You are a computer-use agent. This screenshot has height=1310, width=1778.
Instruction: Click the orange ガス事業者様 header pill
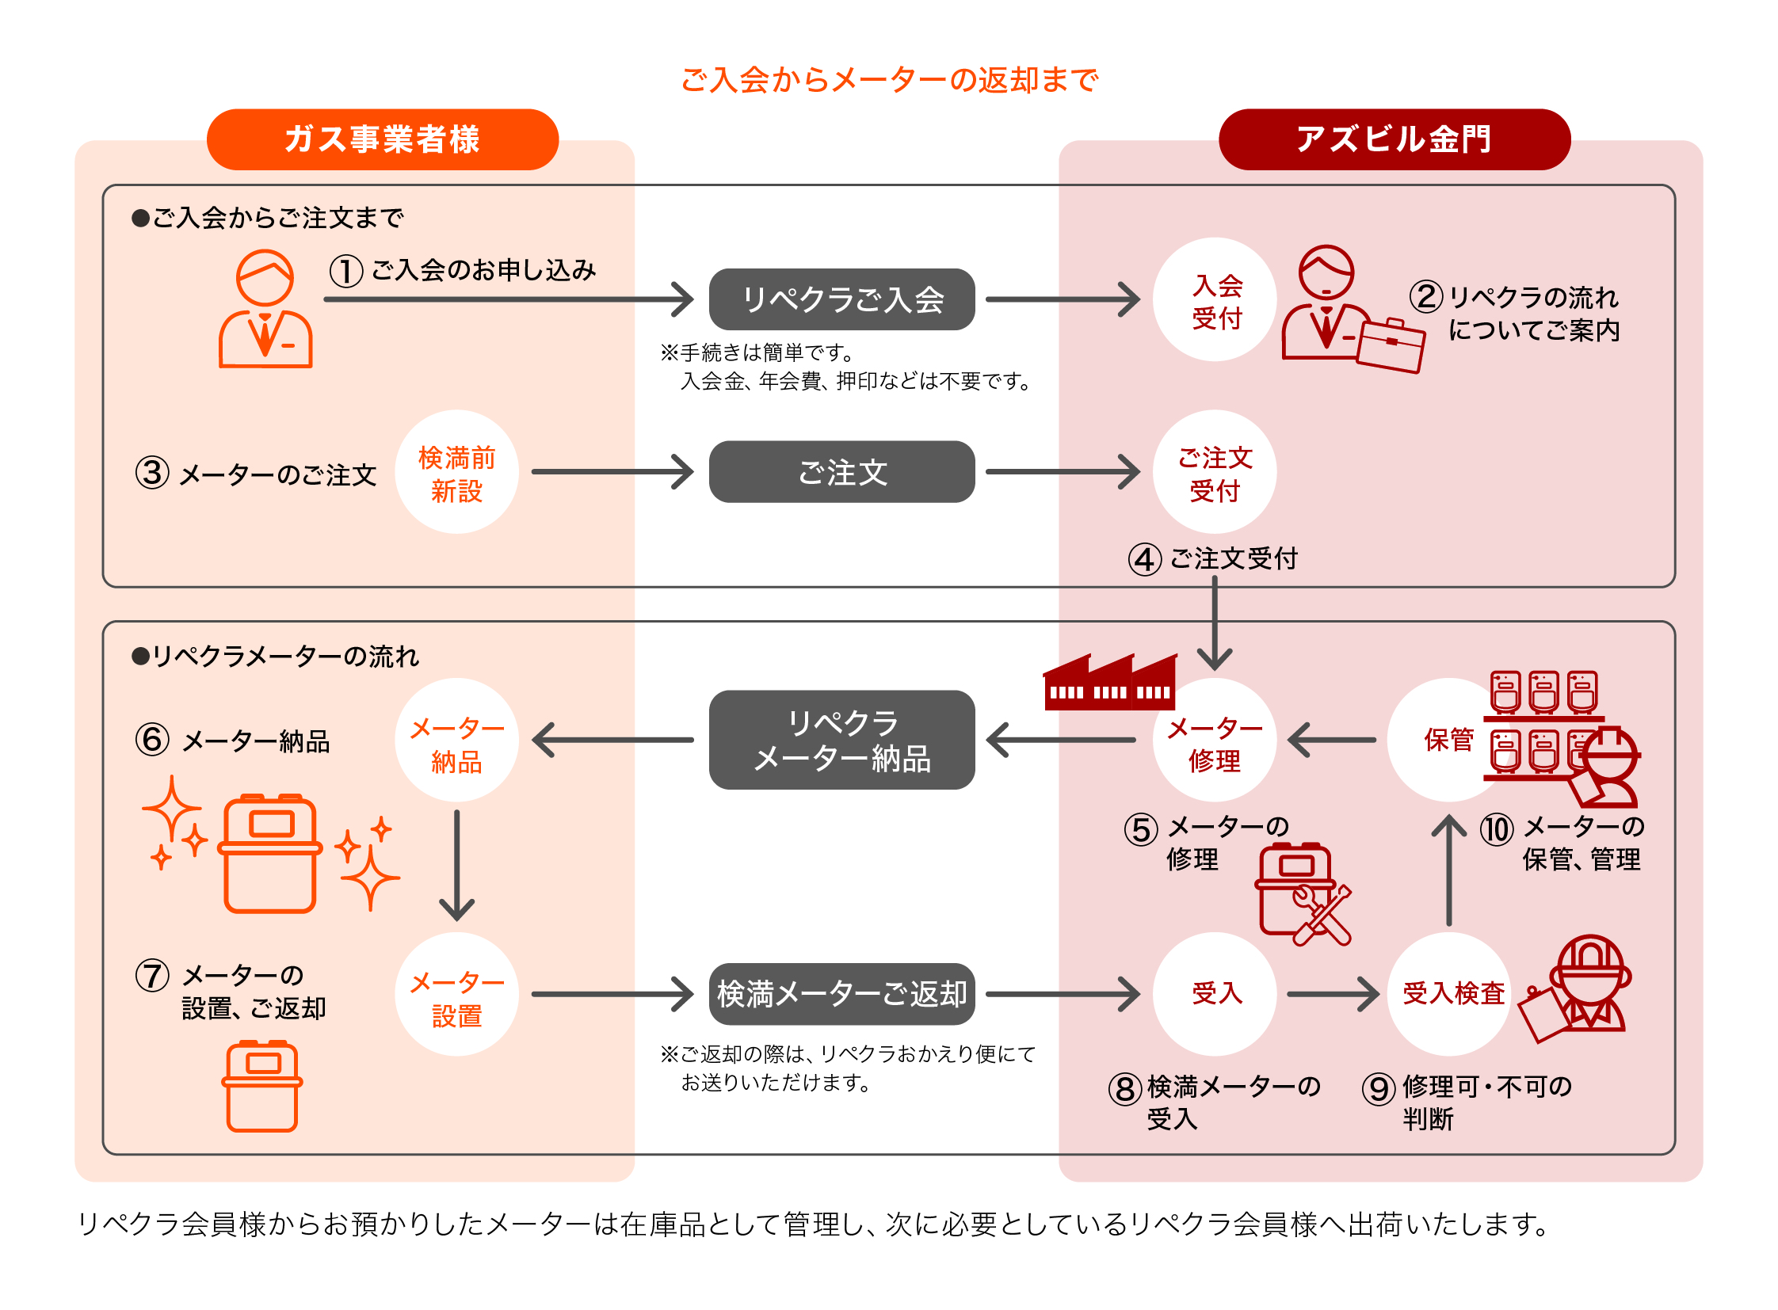pos(383,139)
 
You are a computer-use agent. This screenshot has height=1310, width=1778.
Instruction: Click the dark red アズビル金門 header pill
pos(1393,139)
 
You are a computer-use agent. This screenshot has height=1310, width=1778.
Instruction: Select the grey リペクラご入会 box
pos(841,299)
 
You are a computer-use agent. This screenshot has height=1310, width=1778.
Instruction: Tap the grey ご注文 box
pos(841,472)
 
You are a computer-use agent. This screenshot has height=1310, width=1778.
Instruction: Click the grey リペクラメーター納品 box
pos(841,739)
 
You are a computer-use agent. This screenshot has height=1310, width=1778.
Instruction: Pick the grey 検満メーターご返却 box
pos(841,993)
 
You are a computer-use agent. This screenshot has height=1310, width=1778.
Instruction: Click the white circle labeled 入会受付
pos(1214,299)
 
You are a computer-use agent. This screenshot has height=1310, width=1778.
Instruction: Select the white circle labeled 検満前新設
pos(456,472)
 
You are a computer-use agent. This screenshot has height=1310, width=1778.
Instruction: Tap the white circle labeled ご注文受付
pos(1214,472)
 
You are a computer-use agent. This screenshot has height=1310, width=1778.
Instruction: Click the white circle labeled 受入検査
pos(1448,993)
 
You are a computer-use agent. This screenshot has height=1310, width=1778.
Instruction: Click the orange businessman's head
pos(265,277)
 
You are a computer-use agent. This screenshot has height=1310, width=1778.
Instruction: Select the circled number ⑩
pos(1496,829)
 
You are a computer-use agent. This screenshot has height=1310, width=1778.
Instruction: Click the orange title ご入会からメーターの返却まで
pos(888,79)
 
